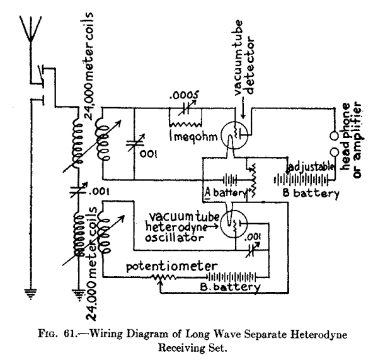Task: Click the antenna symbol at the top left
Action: click(x=28, y=28)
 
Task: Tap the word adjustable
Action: click(x=311, y=167)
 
